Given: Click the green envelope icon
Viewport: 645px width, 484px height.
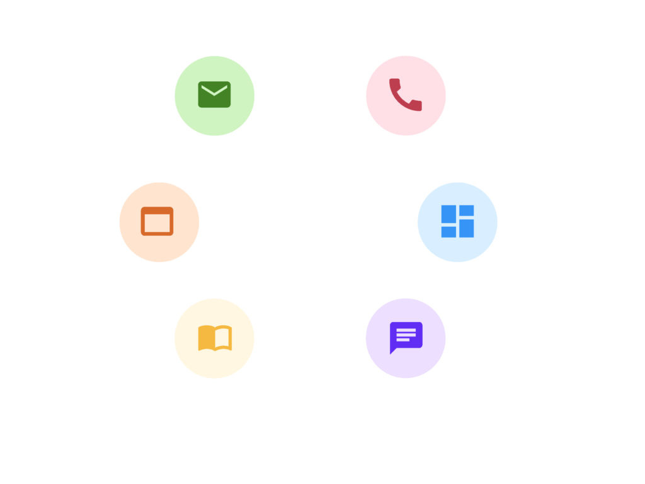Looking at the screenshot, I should click(x=214, y=95).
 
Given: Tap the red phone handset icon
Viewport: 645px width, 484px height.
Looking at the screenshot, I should click(x=405, y=95).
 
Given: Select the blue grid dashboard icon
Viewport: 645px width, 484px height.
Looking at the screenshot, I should click(x=457, y=221).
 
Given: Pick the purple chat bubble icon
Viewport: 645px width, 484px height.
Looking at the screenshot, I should click(x=405, y=338).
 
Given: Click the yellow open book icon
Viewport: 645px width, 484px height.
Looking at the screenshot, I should click(x=215, y=338).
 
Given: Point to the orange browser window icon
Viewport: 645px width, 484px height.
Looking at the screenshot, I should click(x=157, y=221).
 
